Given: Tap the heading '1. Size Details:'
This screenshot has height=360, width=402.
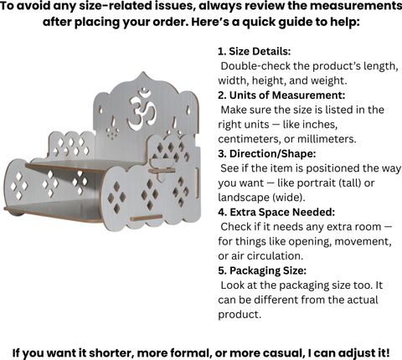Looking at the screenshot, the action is point(255,51).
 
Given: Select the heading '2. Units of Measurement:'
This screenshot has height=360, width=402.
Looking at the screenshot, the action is point(281,95).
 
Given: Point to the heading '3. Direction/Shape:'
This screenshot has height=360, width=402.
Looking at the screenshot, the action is point(267,154).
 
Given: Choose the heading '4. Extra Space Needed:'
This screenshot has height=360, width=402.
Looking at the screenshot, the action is point(276,212).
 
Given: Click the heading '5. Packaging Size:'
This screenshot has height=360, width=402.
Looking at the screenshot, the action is point(262,270).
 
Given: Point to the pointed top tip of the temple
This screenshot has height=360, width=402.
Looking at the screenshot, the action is point(144,72).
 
